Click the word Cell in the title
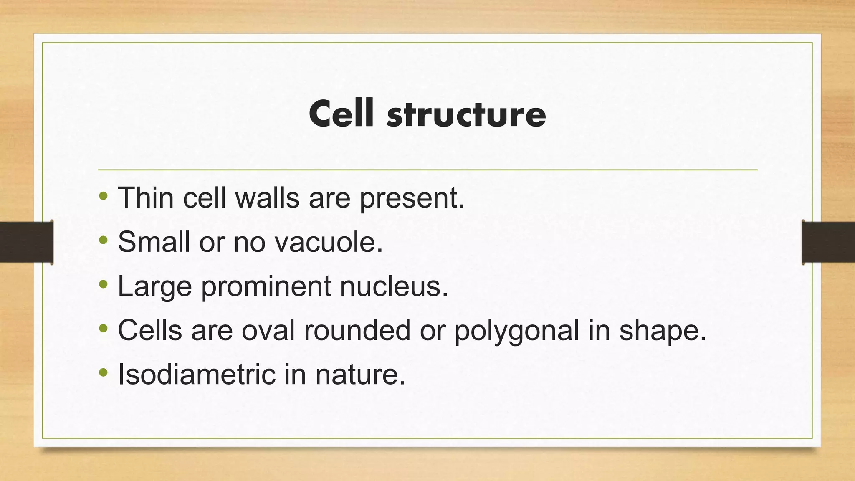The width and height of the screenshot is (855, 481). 341,114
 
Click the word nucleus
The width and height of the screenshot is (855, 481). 394,286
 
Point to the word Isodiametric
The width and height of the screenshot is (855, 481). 197,374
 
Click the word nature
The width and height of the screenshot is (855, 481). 360,375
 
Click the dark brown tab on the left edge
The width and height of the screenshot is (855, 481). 26,242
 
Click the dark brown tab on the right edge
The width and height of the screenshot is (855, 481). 828,242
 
